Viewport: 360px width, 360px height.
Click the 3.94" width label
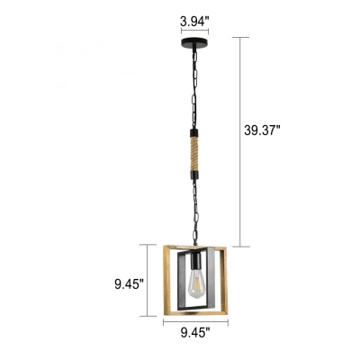point(194,22)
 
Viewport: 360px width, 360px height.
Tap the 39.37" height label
point(262,130)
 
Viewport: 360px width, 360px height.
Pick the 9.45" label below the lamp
point(195,333)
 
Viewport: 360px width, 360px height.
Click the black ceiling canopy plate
point(194,41)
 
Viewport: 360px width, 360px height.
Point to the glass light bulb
point(194,283)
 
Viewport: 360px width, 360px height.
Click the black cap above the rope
point(194,132)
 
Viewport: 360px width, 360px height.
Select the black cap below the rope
point(194,175)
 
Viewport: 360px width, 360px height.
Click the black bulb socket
point(194,260)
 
